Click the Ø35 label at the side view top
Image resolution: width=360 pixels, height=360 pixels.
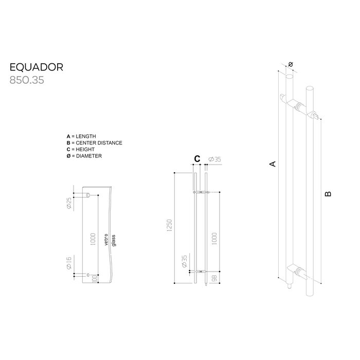(215, 160)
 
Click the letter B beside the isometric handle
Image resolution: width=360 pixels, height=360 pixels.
(328, 194)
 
